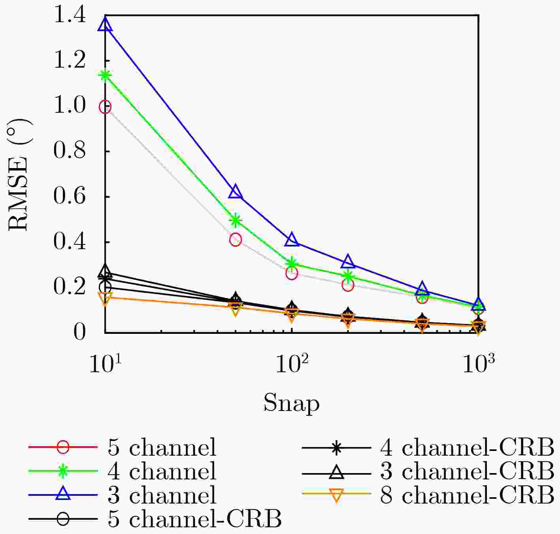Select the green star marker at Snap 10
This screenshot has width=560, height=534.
[105, 75]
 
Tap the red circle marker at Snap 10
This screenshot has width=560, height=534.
[105, 107]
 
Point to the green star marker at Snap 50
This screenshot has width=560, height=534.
[236, 220]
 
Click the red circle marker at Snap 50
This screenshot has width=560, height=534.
[236, 239]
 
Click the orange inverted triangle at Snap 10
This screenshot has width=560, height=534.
[105, 298]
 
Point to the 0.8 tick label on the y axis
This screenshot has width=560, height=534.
[70, 151]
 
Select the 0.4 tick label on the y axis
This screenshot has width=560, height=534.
[70, 242]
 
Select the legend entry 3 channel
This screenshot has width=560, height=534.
[162, 494]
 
